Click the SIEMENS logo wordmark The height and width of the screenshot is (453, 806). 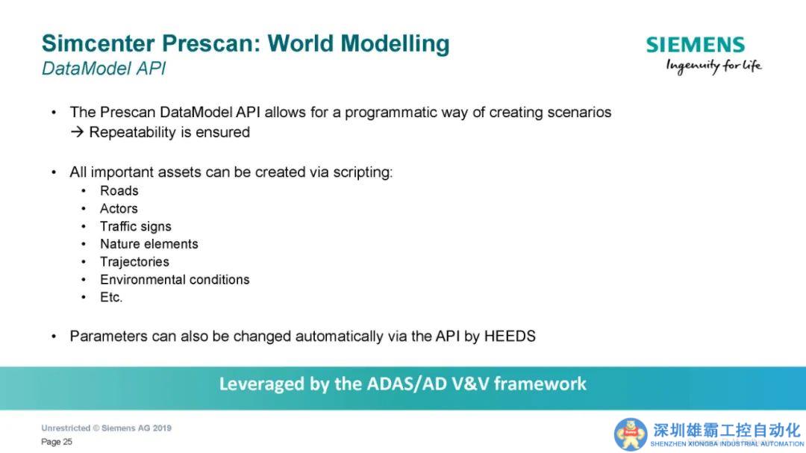pos(695,45)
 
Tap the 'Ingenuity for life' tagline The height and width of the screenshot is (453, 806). pos(713,66)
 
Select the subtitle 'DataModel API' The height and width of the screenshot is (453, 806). pos(104,69)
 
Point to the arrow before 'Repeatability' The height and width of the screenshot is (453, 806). pos(77,132)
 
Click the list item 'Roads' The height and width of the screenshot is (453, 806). pos(119,191)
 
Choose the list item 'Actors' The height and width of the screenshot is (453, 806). pos(119,209)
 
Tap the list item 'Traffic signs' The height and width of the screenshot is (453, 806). pos(136,227)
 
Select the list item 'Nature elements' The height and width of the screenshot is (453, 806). pos(149,244)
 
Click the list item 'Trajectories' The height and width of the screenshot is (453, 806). pos(134,262)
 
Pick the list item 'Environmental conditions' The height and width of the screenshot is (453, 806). pos(175,280)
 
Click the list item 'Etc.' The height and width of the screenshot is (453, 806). pos(111,297)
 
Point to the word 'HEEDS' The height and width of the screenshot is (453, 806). pos(510,337)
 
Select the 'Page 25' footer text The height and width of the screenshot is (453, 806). pos(57,442)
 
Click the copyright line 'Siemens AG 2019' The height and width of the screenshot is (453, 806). pos(137,428)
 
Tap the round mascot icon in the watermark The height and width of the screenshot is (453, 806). pos(630,434)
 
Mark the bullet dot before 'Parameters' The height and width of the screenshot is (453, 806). pos(54,337)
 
